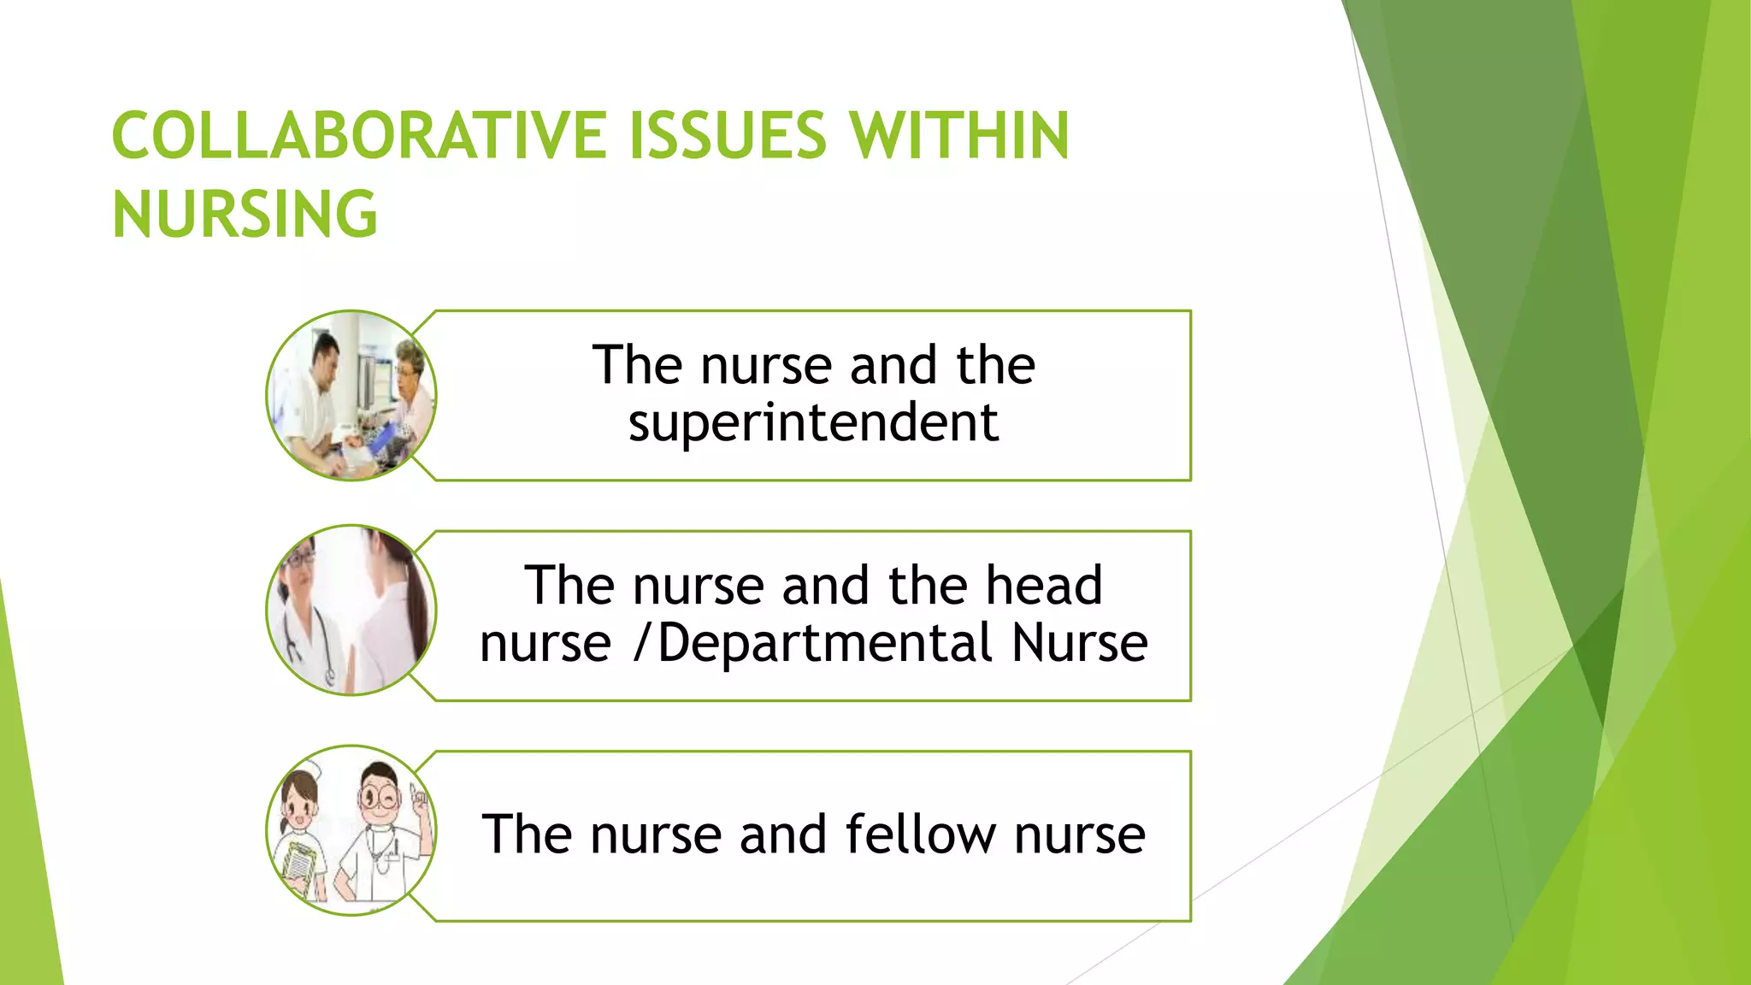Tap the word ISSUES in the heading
tap(728, 136)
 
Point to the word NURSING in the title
tap(245, 215)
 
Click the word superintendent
tap(813, 422)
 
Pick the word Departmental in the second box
tap(825, 643)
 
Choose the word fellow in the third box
tap(921, 835)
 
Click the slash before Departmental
tap(643, 643)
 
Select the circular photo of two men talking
tap(351, 396)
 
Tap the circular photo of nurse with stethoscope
tap(351, 610)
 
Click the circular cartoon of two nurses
tap(351, 831)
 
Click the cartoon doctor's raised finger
tap(418, 799)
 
